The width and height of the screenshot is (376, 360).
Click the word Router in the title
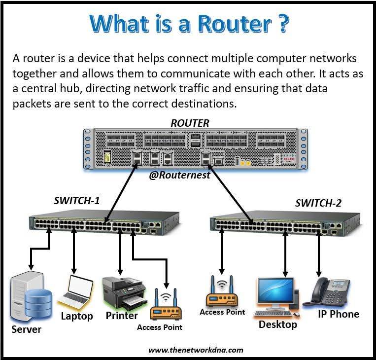(x=235, y=24)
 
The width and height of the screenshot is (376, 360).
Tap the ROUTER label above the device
(x=190, y=123)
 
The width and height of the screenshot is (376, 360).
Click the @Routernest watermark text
(x=179, y=175)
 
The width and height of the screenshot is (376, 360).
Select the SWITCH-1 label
(x=76, y=201)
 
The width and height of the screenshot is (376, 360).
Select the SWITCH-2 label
(x=318, y=203)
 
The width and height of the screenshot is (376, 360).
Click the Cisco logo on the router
(x=289, y=158)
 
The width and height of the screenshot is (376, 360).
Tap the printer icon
(x=125, y=293)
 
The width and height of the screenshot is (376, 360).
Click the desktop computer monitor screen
(x=276, y=290)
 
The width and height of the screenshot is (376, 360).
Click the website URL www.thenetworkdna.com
(x=196, y=350)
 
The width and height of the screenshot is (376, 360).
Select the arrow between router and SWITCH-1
(x=121, y=193)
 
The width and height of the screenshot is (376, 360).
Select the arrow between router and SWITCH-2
(x=231, y=194)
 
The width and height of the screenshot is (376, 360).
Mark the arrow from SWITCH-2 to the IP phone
(x=318, y=254)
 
